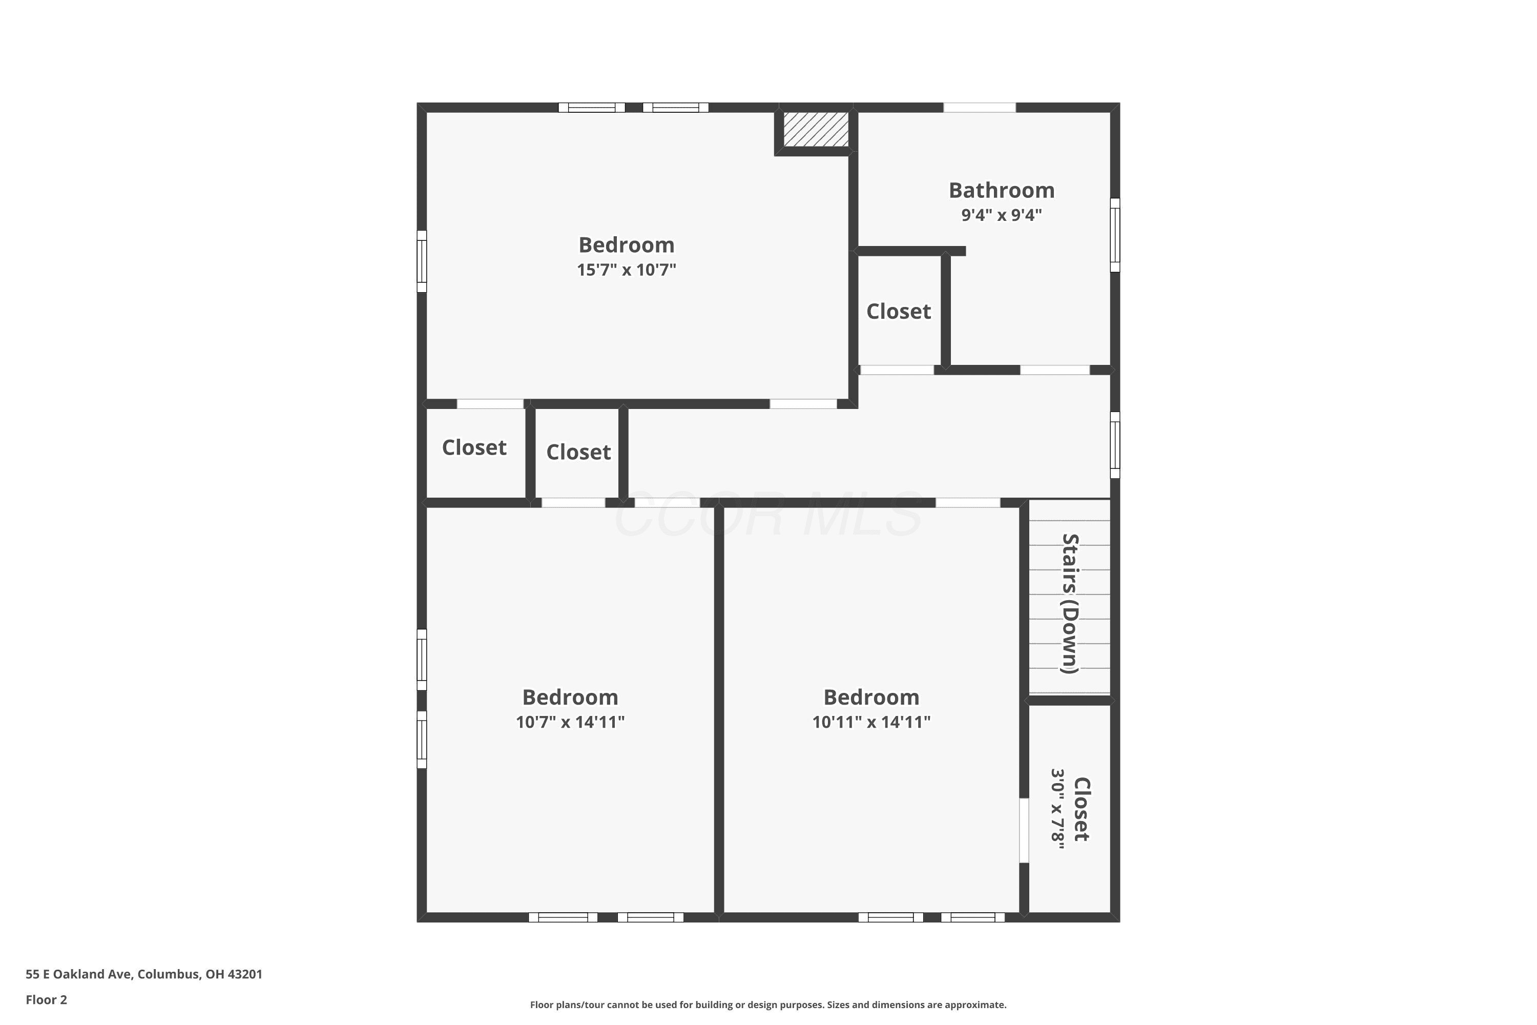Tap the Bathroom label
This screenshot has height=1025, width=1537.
pyautogui.click(x=1001, y=190)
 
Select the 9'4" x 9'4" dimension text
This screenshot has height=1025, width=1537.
pyautogui.click(x=1001, y=215)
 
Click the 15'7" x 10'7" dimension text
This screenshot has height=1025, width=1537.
pyautogui.click(x=626, y=270)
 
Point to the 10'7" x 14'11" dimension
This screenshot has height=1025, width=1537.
pyautogui.click(x=570, y=722)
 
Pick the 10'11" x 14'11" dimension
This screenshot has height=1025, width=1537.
pyautogui.click(x=871, y=722)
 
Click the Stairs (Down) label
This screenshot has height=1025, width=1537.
pyautogui.click(x=1070, y=603)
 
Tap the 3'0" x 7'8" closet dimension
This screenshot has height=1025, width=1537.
pyautogui.click(x=1057, y=809)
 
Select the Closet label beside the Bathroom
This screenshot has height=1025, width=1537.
pyautogui.click(x=899, y=312)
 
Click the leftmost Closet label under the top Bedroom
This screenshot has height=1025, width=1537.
pyautogui.click(x=474, y=448)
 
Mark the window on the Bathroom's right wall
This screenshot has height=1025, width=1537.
pyautogui.click(x=1115, y=235)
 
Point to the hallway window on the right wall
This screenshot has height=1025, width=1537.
pyautogui.click(x=1115, y=444)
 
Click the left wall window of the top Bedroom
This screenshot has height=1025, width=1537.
pyautogui.click(x=422, y=261)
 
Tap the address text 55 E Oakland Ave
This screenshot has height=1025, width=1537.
pyautogui.click(x=80, y=974)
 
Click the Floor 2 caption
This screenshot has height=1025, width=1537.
pyautogui.click(x=47, y=999)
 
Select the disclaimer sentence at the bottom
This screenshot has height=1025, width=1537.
pyautogui.click(x=768, y=1004)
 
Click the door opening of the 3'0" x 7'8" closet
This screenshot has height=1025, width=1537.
pyautogui.click(x=1024, y=830)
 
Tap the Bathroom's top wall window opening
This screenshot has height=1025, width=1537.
pyautogui.click(x=979, y=107)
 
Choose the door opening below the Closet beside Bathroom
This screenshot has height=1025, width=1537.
pyautogui.click(x=897, y=370)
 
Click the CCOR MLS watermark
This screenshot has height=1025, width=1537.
pyautogui.click(x=768, y=515)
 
